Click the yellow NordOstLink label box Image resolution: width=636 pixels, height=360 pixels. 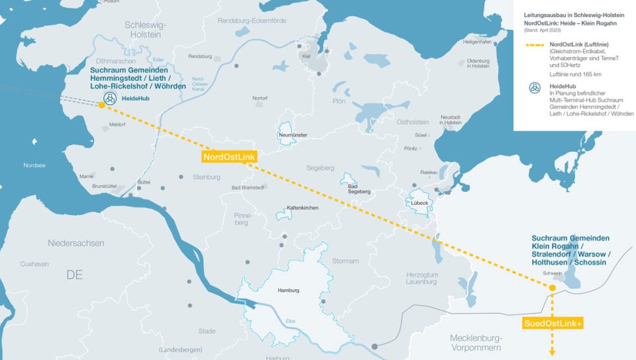point(229,156)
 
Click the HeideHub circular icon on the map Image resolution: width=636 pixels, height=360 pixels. point(109,98)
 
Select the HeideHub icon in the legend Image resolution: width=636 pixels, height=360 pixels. point(534,88)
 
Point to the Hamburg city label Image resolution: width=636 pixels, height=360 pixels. point(289,290)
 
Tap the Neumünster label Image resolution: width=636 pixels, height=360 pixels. point(294,135)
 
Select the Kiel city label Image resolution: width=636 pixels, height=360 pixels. point(305,56)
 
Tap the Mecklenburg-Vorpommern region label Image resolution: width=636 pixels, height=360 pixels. point(476,342)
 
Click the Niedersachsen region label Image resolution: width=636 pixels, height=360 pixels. point(76,243)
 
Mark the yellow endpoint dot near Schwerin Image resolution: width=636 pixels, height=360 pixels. point(551,287)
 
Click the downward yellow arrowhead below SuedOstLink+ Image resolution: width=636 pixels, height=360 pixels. point(551,352)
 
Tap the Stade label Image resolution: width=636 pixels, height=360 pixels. point(207,331)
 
